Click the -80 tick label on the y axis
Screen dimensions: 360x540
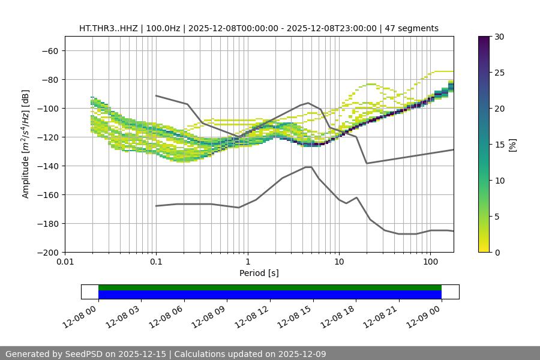click(49, 80)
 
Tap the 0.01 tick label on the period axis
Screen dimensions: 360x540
click(65, 262)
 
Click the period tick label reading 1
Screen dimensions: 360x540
click(248, 262)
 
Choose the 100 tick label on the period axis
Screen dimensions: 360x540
click(430, 262)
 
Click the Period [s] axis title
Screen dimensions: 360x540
click(259, 273)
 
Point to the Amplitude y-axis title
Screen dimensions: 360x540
click(26, 145)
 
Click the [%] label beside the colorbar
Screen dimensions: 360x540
click(512, 145)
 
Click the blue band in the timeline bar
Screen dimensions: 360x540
click(270, 295)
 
